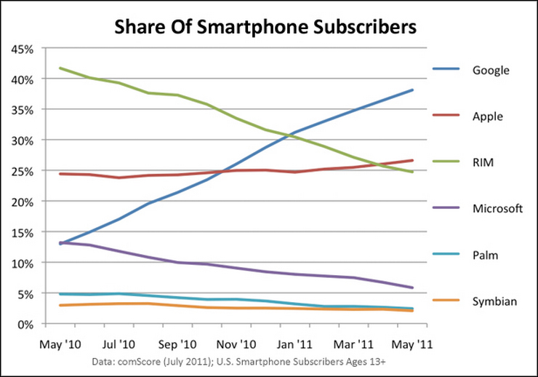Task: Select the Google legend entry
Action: coord(491,71)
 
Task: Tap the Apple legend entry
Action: coord(488,116)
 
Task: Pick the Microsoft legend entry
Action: coord(497,208)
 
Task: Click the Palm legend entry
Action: coord(486,255)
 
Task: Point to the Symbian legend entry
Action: coord(494,301)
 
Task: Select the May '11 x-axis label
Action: coord(412,340)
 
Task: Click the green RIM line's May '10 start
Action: coord(60,68)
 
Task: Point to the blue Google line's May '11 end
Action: coord(412,90)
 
